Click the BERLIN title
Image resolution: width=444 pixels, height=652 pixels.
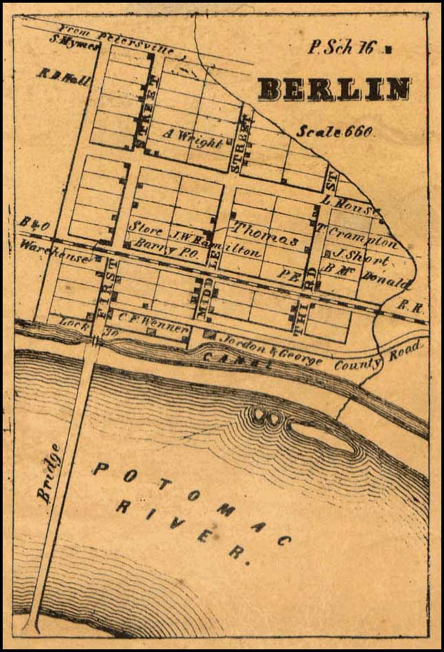334,89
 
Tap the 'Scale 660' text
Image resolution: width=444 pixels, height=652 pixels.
335,132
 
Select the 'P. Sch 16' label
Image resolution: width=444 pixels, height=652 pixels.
342,48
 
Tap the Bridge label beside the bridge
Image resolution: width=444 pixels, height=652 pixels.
48,473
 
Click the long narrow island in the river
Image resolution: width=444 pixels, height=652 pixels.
322,437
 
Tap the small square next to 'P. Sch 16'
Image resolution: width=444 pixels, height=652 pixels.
388,49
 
